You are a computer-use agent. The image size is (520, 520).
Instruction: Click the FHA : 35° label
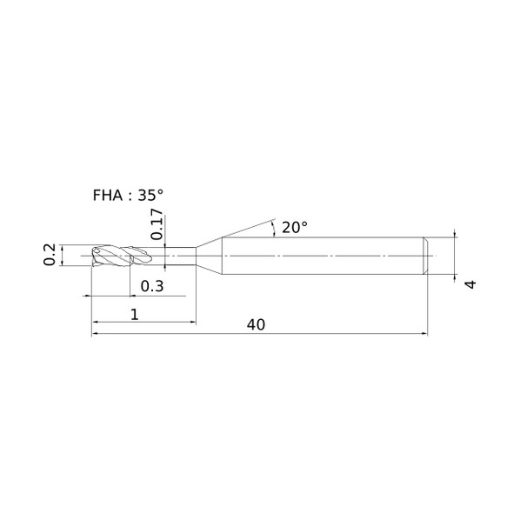tap(128, 196)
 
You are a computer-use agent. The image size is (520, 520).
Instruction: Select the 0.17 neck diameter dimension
tap(157, 224)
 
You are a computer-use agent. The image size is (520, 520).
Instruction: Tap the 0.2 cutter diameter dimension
tap(50, 255)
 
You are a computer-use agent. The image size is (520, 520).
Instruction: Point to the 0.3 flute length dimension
tap(152, 286)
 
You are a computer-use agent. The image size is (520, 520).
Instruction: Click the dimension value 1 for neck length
tap(134, 315)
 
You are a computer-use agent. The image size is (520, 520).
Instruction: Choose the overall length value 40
tap(256, 325)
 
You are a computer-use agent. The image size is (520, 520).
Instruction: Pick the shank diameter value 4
tap(470, 284)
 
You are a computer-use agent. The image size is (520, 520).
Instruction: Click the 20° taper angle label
tap(295, 228)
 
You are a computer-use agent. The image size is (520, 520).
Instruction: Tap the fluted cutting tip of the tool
tap(122, 256)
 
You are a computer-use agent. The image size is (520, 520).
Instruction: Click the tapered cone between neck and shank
tap(209, 256)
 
